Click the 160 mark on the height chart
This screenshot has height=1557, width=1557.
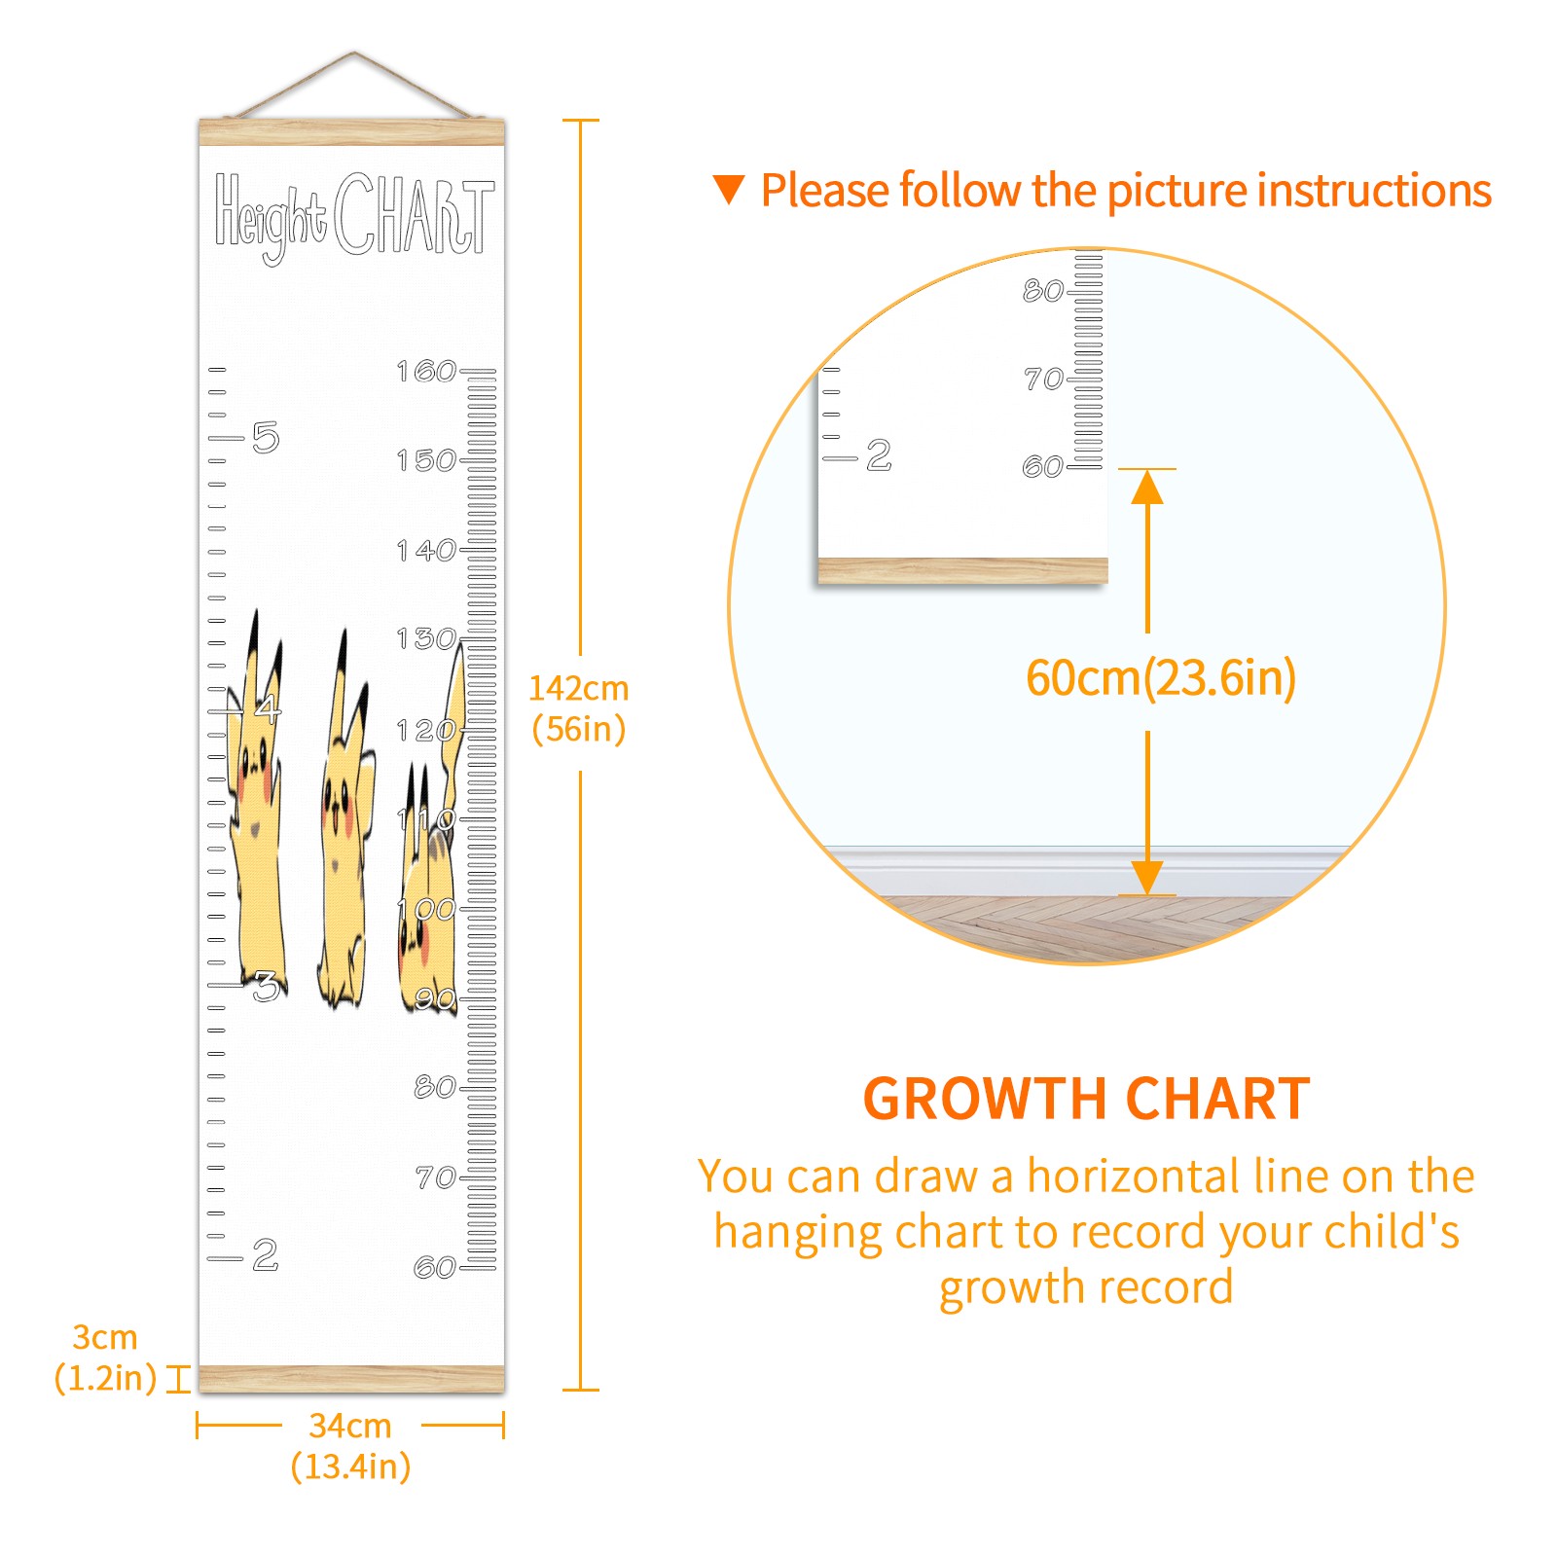coord(426,371)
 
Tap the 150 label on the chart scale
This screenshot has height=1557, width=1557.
coord(426,460)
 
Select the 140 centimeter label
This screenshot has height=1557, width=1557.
coord(426,551)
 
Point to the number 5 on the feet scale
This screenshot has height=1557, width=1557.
coord(266,438)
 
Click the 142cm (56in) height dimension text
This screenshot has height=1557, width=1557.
coord(578,708)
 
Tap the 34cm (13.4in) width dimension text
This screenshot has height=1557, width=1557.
coord(350,1445)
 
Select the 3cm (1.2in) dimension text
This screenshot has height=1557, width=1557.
coord(105,1358)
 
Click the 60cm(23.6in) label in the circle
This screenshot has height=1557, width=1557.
coord(1161,678)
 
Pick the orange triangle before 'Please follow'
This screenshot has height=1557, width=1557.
coord(728,189)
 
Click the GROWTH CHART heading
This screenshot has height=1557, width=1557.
coord(1087,1099)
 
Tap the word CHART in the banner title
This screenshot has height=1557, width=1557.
coord(415,215)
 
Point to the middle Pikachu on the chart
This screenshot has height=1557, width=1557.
coord(344,822)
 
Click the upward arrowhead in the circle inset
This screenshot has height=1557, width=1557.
coord(1147,487)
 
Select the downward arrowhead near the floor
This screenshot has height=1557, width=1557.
coord(1147,878)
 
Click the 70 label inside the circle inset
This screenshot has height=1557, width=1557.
coord(1043,379)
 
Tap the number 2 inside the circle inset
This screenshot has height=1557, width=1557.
coord(879,454)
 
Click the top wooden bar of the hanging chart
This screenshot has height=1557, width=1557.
coord(352,132)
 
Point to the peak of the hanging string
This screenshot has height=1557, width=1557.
coord(354,53)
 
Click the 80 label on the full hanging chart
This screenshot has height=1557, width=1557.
coord(435,1087)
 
